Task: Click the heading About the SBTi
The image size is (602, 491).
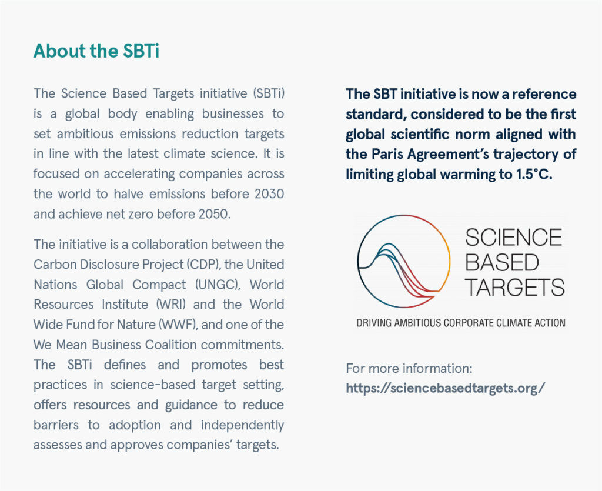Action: click(96, 51)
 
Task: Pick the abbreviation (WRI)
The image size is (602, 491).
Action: click(168, 305)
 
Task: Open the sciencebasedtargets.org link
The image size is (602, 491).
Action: click(446, 388)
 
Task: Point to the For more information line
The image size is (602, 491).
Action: click(409, 369)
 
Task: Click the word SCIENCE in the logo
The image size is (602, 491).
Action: click(513, 238)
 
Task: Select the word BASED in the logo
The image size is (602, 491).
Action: click(501, 262)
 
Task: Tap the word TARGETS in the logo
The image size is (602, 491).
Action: click(514, 288)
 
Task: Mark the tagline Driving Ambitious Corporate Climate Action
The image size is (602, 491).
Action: click(460, 323)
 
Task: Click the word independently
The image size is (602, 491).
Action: click(242, 425)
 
